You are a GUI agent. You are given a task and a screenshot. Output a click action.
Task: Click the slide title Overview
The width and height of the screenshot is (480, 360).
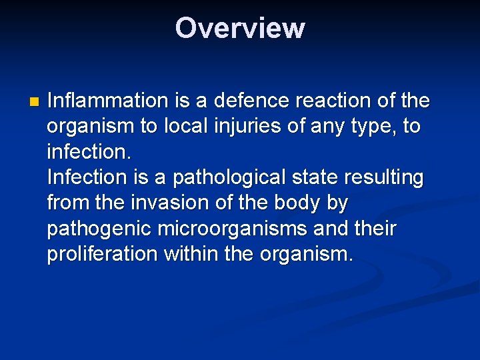pyautogui.click(x=240, y=28)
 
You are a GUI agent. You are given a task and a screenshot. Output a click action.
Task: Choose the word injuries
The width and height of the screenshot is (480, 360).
pyautogui.click(x=250, y=127)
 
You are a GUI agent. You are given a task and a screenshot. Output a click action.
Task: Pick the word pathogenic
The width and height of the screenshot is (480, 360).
pyautogui.click(x=99, y=229)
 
